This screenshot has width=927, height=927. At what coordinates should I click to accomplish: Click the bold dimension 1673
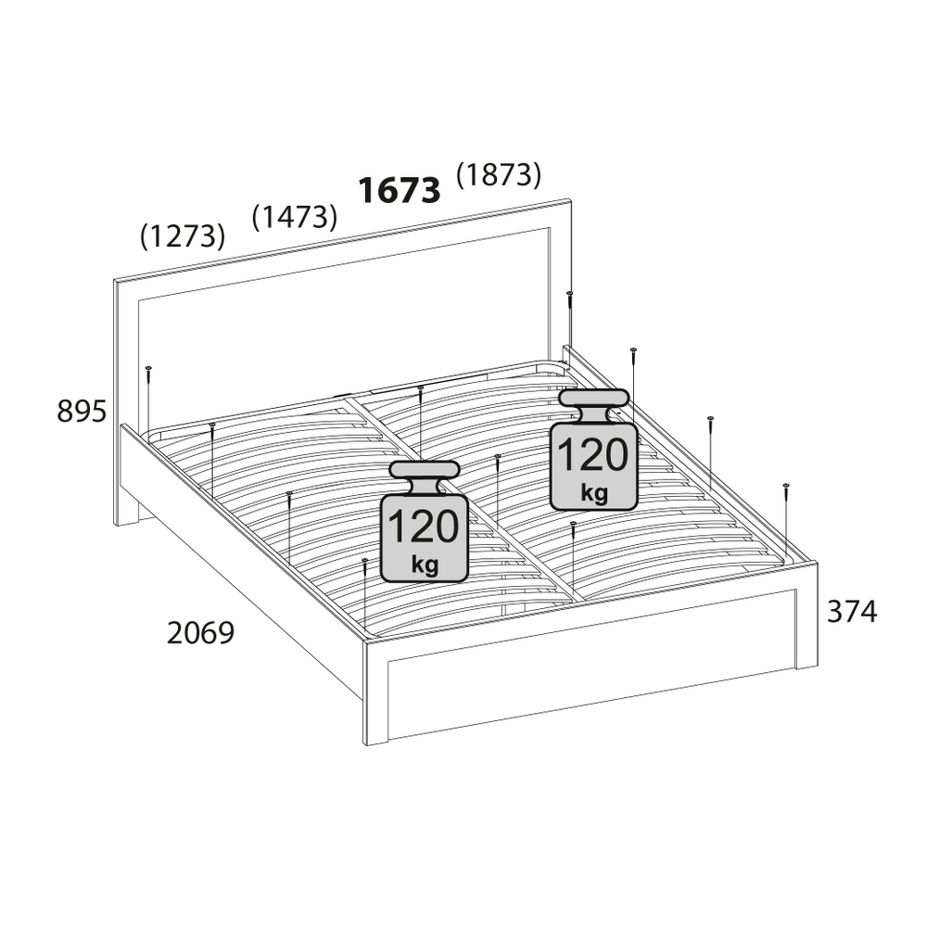[400, 190]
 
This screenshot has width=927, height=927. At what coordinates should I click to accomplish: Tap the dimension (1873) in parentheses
[499, 174]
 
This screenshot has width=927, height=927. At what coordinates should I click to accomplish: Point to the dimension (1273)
[183, 235]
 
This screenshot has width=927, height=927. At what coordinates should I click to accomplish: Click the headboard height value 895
[82, 411]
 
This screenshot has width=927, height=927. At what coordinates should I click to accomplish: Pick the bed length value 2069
[201, 632]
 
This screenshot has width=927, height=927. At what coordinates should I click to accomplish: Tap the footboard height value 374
[852, 611]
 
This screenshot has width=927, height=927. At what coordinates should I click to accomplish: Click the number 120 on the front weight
[424, 527]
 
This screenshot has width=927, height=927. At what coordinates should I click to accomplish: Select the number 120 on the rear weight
[593, 454]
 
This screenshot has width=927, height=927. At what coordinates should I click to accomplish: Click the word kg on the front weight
[425, 565]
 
